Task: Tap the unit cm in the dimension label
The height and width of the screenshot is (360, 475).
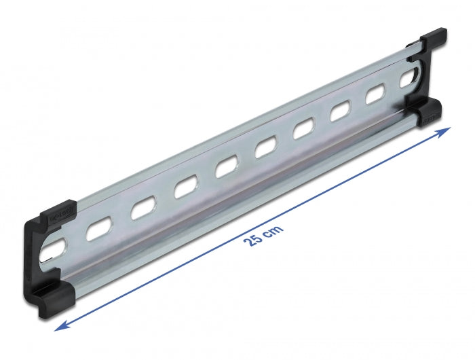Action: coord(273,228)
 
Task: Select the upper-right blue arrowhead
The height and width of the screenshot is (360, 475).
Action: coord(444,130)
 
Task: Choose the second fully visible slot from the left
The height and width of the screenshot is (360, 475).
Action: coord(142,209)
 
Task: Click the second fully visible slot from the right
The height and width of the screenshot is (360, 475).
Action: coord(339,113)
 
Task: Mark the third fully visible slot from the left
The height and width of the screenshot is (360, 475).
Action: coord(185,188)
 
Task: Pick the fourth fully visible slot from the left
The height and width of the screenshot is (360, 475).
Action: coord(226,168)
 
